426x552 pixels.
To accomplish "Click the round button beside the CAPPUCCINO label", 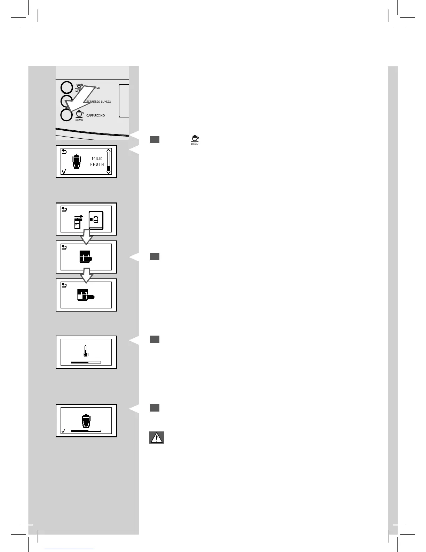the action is (x=66, y=115).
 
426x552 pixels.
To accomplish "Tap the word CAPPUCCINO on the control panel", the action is (x=95, y=115).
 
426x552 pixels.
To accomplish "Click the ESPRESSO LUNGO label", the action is (x=98, y=102).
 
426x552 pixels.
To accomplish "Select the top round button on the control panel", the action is (x=66, y=87).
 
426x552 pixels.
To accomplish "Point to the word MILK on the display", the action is (x=97, y=159).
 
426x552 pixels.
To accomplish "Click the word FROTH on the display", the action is (x=97, y=164).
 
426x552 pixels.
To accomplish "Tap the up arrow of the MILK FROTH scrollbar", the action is (x=109, y=151).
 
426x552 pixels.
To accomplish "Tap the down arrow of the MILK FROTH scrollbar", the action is (x=109, y=172).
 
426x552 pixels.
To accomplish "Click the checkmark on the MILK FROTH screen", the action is (x=64, y=171).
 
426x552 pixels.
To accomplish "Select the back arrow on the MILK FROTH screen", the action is (x=64, y=151).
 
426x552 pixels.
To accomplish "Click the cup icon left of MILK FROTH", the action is (x=77, y=162).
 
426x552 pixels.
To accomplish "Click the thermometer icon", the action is (x=86, y=351).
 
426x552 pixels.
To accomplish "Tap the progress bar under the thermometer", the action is (x=86, y=362).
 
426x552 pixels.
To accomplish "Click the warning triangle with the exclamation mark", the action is (x=157, y=438).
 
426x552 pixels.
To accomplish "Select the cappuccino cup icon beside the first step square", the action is (x=195, y=139).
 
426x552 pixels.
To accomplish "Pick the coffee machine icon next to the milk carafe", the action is (x=96, y=220).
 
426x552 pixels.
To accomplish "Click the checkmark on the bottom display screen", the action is (x=63, y=431).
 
